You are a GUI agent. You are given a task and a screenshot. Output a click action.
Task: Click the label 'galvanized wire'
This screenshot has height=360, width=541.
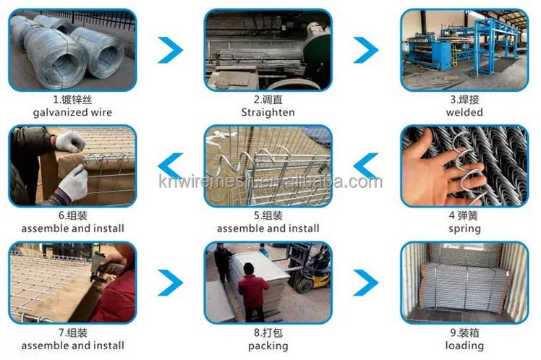[x=72, y=113]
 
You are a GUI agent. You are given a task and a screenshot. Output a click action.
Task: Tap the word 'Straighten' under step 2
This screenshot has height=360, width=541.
[x=268, y=113]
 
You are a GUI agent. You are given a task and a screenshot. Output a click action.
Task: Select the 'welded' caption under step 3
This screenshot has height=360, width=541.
[x=464, y=113]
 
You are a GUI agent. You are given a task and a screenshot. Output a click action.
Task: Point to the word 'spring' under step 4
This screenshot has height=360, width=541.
[x=464, y=228]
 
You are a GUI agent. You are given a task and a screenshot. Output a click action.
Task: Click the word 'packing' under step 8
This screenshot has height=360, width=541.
[x=268, y=346]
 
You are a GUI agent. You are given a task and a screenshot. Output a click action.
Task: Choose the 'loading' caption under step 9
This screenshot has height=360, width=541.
[x=464, y=346]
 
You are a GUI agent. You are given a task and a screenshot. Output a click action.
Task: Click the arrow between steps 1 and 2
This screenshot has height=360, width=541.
[x=171, y=50]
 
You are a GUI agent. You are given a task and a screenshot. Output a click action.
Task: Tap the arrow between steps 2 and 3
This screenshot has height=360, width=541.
[x=366, y=50]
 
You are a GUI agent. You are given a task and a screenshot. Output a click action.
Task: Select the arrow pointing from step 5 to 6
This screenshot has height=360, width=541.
[x=171, y=166]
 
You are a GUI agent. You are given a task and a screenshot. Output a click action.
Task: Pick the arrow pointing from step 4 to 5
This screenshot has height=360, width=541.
[x=366, y=166]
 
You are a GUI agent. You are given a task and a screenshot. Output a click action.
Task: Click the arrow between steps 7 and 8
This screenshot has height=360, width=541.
[x=171, y=283]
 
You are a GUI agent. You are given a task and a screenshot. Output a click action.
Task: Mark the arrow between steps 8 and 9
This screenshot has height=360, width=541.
[x=366, y=283]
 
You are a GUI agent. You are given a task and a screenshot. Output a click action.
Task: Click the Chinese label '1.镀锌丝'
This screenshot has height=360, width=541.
[x=72, y=100]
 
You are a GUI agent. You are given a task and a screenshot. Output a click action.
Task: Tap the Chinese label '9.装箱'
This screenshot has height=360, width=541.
[x=464, y=333]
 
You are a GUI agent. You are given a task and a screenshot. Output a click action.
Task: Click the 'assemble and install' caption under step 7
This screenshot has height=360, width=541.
[x=72, y=346]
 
